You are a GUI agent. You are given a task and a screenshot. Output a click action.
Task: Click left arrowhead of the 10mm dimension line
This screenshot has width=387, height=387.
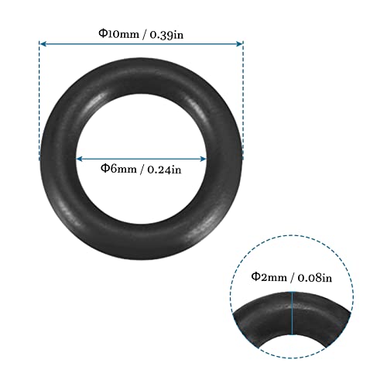point(43,44)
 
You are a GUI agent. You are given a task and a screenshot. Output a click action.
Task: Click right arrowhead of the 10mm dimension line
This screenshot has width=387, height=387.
point(240,44)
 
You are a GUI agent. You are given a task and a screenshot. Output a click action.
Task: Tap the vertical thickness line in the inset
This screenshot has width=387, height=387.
point(292,313)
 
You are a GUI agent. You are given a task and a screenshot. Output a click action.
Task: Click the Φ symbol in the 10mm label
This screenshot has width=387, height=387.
point(101,33)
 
